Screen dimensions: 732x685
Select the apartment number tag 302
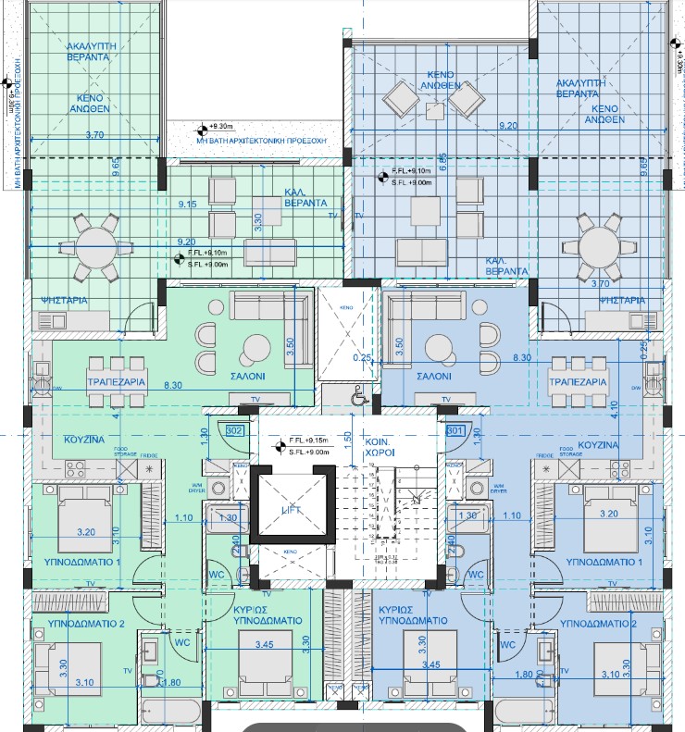pos(233,430)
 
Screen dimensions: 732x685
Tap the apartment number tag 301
pos(455,430)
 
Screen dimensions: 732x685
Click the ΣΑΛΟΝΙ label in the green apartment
pos(249,378)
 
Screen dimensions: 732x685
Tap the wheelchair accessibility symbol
pos(358,395)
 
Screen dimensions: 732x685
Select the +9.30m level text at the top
pos(224,126)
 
